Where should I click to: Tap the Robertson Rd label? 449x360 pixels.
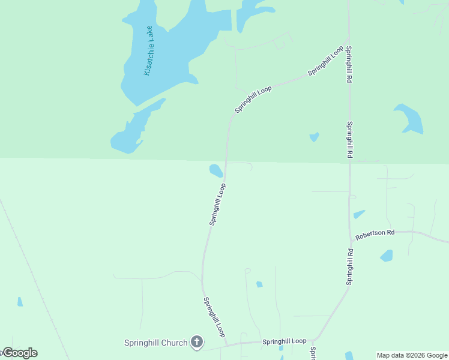coord(375,234)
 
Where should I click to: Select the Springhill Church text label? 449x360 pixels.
coord(155,343)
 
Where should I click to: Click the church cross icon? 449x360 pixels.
coord(196,343)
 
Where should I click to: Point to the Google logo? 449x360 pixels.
coord(19,353)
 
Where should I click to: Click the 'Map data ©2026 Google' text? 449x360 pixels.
coord(412,355)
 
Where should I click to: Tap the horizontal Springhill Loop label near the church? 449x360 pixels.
coord(284,341)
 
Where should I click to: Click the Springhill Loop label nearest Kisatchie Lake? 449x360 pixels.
coord(253,100)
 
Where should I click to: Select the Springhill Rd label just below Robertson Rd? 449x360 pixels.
coord(349,267)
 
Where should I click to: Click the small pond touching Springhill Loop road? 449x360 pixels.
coord(215,171)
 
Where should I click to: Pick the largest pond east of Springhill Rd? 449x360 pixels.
coord(410,119)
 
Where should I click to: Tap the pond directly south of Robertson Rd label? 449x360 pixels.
coord(387,256)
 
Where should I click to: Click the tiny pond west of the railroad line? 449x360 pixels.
coord(20,302)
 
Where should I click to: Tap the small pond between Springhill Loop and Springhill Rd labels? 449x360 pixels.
coord(314,137)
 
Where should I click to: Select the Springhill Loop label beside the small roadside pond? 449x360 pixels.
coord(217,205)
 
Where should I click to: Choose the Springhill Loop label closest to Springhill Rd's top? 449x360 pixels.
coord(325,61)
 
